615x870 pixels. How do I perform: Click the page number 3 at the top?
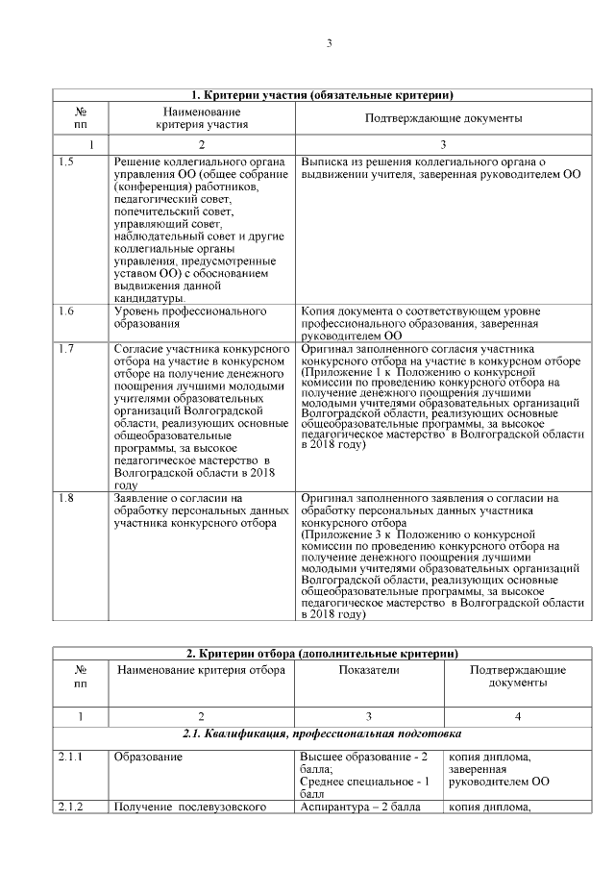coord(329,43)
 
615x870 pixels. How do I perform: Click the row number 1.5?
coord(65,162)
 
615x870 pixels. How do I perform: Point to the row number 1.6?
coord(65,311)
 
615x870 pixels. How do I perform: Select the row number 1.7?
coord(65,348)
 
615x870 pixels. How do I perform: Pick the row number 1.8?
coord(65,498)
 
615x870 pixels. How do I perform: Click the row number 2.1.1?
coord(68,758)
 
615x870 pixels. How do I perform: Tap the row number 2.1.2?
coord(68,807)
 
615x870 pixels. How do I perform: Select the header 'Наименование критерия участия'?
coord(202,117)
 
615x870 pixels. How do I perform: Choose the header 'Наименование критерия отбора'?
coord(201,669)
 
